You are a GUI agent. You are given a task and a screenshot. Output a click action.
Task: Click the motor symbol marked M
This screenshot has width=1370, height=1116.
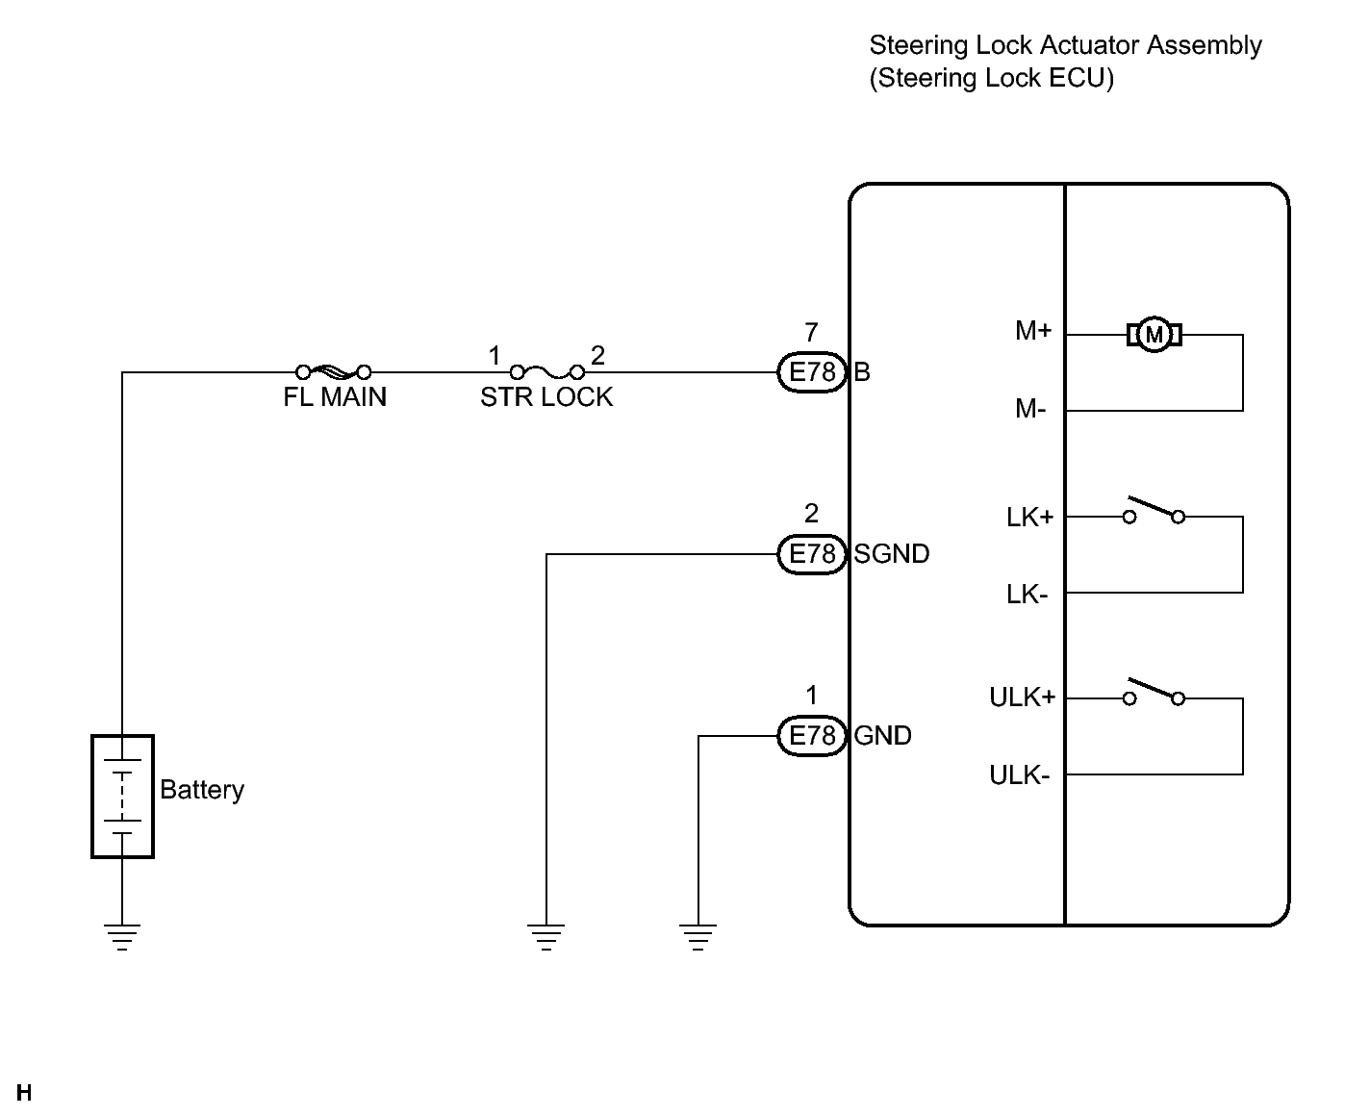tap(1154, 335)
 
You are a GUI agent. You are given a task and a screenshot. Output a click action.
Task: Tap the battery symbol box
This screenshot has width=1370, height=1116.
tap(122, 797)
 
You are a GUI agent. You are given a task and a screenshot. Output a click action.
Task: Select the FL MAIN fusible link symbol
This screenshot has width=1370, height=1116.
tap(333, 371)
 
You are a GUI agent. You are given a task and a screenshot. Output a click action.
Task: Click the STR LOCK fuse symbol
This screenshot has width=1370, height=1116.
tap(546, 371)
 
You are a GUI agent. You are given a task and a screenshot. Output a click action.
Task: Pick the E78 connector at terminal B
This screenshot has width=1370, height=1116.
tap(812, 371)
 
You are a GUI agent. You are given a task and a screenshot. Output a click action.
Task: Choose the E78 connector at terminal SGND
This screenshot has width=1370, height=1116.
tap(812, 554)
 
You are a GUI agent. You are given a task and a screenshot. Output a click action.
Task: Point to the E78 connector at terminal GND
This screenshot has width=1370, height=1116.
tap(812, 736)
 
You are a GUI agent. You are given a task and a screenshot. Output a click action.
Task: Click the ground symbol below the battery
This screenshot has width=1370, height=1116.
tap(122, 937)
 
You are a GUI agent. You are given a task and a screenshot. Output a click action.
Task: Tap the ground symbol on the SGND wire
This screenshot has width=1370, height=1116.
tap(546, 937)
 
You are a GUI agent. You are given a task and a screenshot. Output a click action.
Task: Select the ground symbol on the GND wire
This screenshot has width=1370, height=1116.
tap(698, 937)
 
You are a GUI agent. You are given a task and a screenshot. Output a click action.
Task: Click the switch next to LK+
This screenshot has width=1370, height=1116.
tap(1154, 510)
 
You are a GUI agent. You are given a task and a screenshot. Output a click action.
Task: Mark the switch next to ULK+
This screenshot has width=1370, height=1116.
tap(1154, 692)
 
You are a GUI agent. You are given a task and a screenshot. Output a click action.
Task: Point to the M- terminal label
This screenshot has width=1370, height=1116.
tap(1030, 409)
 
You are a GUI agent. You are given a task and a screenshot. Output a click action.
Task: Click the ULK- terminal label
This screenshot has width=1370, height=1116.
tap(1020, 775)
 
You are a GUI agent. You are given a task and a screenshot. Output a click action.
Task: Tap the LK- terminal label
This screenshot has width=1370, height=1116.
tap(1027, 595)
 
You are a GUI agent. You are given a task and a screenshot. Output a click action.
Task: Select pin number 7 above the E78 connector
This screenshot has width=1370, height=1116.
tap(812, 332)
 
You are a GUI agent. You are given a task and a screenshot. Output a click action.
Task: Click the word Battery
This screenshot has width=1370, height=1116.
tap(202, 791)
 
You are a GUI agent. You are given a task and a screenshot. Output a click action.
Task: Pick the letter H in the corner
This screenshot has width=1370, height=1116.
tap(24, 1092)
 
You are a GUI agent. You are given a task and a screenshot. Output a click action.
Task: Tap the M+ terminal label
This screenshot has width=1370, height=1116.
tap(1033, 331)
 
